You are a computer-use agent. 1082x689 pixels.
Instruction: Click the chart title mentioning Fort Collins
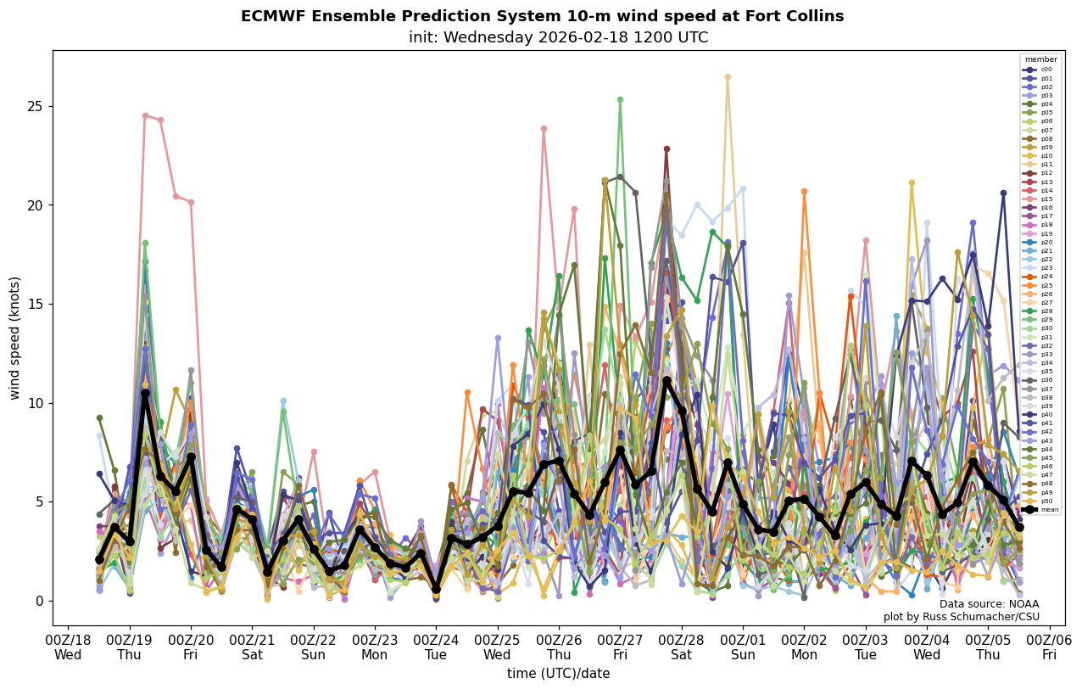click(x=542, y=16)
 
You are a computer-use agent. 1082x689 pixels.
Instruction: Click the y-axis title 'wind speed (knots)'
click(x=14, y=338)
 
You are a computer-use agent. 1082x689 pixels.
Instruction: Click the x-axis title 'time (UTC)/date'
click(x=558, y=674)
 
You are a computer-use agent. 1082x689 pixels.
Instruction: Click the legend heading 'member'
click(x=1041, y=59)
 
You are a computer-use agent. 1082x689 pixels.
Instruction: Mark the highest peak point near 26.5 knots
click(x=728, y=76)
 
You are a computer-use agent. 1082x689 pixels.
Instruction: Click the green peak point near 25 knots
click(x=620, y=99)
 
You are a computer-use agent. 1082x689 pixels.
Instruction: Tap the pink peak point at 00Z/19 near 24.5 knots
click(x=145, y=115)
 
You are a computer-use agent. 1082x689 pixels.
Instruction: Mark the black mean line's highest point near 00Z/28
click(x=666, y=380)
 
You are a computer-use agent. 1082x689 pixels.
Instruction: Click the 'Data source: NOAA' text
click(x=989, y=604)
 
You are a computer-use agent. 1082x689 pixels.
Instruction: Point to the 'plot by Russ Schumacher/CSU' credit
click(x=961, y=617)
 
